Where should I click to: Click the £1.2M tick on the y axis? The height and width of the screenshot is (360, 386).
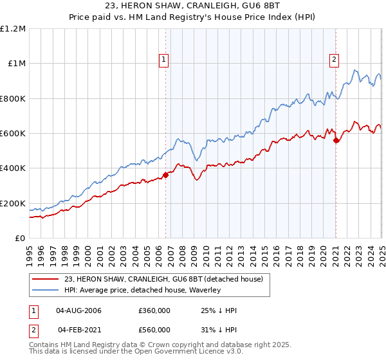(x=13, y=29)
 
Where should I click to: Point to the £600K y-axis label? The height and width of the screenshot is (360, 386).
(x=13, y=134)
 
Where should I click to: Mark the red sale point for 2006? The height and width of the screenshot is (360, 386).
(x=165, y=174)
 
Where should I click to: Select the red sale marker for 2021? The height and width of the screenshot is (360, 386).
(x=336, y=141)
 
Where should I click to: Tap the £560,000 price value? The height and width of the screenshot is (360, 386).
(x=154, y=330)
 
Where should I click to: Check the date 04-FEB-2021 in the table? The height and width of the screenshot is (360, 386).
(x=79, y=330)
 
